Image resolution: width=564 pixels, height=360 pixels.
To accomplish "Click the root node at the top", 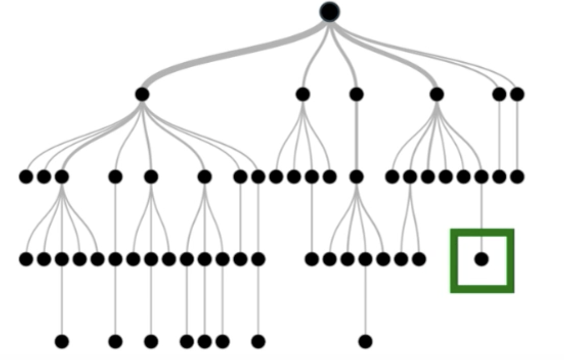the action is point(330,12).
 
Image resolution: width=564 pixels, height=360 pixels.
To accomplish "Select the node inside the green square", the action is point(481,259).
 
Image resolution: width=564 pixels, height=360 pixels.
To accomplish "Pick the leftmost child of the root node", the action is point(142,95).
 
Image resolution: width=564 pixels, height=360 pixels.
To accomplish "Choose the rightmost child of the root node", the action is point(517,95).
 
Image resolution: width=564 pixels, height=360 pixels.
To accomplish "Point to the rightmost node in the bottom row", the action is point(365,341).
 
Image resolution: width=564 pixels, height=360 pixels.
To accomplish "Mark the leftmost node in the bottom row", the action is point(62,341).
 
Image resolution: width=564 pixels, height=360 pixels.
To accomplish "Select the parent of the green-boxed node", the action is point(481,177).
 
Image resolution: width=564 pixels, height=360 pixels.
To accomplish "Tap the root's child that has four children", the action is point(302,95).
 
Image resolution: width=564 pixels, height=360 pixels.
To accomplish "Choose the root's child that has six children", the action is point(437,95).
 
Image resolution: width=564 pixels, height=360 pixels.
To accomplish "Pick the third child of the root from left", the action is point(357,95).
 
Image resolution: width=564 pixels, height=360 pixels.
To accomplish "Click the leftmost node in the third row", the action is point(26,177).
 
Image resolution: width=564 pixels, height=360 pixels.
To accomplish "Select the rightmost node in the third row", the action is point(517,177).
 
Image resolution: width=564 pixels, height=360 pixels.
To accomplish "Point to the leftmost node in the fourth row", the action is point(26,259).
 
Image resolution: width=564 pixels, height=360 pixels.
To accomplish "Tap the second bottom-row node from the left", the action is point(116,341).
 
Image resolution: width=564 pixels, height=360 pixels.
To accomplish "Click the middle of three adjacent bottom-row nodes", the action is point(205,341).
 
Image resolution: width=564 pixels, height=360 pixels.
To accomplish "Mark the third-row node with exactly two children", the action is point(410,177).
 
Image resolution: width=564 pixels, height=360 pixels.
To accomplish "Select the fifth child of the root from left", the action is point(499,95).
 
